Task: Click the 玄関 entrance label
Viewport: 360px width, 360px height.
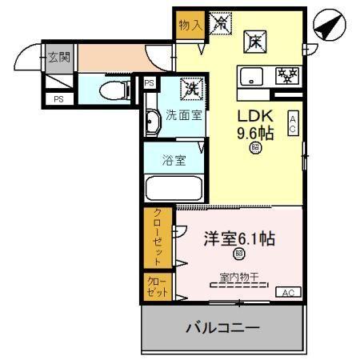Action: point(58,57)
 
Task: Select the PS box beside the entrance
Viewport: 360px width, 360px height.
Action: point(58,99)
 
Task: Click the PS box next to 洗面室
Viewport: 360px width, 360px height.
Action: point(149,83)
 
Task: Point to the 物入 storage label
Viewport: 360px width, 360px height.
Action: point(190,25)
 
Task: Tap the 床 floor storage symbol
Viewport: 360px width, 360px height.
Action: point(254,42)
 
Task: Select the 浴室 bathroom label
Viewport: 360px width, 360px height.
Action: point(175,159)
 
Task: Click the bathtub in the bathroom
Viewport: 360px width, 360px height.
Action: point(174,188)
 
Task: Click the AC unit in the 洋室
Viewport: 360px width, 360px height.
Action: point(289,293)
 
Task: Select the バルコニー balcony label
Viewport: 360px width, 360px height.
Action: point(223,327)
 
